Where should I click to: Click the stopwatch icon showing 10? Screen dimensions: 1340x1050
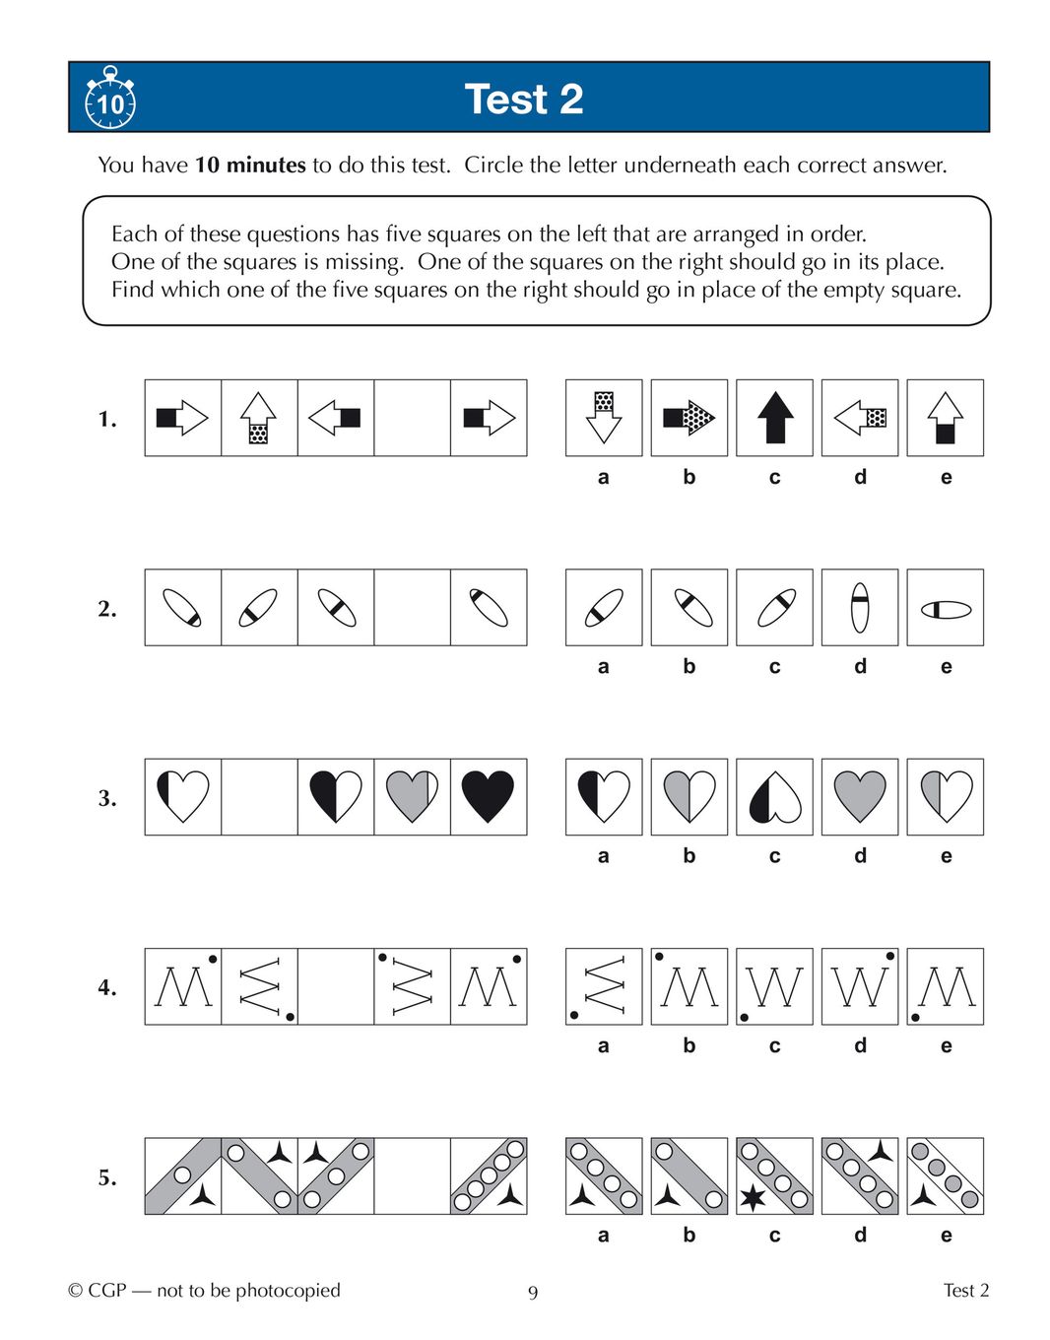[110, 98]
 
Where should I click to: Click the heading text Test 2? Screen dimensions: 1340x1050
[523, 100]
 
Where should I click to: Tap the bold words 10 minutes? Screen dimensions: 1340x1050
[250, 165]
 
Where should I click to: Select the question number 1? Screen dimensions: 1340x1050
[106, 419]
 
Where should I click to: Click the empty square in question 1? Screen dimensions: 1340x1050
[412, 418]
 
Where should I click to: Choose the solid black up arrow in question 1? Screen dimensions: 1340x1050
[774, 418]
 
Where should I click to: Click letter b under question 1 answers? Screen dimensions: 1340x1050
[689, 477]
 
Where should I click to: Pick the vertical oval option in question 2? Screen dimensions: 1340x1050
[860, 607]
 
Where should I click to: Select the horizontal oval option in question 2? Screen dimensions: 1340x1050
[946, 608]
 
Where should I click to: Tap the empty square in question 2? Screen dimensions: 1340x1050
[412, 607]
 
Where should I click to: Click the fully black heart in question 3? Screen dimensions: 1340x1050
[489, 796]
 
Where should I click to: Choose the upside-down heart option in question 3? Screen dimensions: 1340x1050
[774, 796]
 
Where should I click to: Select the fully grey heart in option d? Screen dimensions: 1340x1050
[860, 796]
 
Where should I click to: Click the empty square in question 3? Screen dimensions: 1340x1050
[259, 797]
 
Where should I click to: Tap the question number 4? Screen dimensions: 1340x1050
[106, 987]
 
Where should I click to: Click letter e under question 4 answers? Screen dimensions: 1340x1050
[946, 1045]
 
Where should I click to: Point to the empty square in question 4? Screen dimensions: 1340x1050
[336, 986]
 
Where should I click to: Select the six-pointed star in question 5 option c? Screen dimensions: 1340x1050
[753, 1197]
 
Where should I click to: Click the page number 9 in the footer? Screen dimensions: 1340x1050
[533, 1293]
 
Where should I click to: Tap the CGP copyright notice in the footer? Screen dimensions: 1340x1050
[204, 1291]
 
